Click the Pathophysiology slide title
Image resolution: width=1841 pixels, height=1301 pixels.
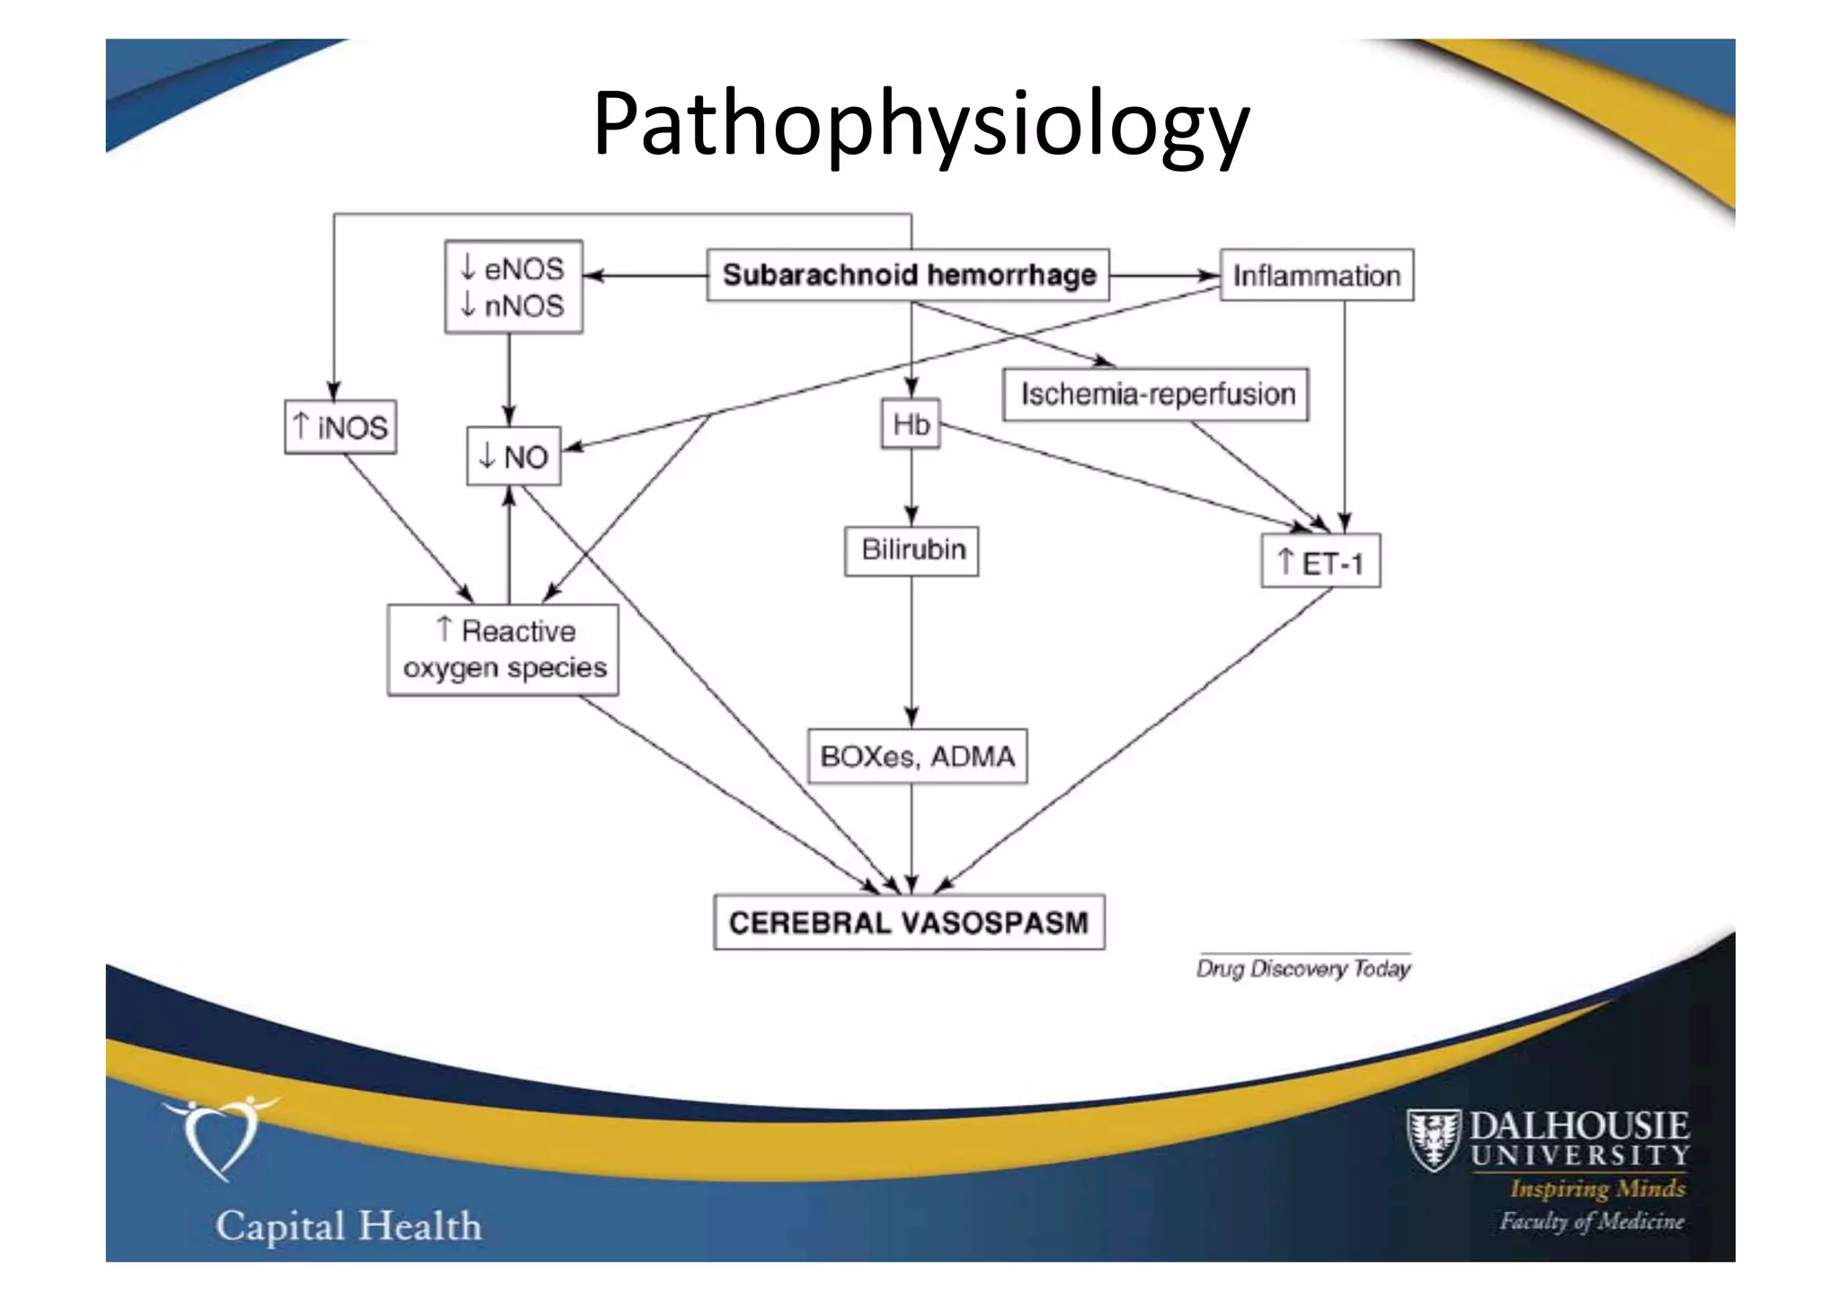[920, 123]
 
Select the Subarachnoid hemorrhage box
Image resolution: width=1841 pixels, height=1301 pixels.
[908, 274]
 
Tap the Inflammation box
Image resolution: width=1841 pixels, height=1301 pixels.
[1316, 274]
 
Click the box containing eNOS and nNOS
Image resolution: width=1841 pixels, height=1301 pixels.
[513, 287]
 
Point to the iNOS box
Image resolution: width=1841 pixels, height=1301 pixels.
[341, 426]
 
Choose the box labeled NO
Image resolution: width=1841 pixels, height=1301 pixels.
[513, 457]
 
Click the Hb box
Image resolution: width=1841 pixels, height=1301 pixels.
[911, 423]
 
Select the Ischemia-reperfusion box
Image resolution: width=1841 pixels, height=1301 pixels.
[1156, 394]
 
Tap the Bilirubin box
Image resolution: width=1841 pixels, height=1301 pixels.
[912, 549]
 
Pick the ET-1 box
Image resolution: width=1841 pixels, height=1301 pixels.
[1321, 562]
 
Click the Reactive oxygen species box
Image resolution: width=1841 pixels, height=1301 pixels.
[503, 649]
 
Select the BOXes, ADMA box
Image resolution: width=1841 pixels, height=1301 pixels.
[917, 756]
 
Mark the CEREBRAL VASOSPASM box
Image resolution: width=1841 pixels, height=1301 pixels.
[909, 922]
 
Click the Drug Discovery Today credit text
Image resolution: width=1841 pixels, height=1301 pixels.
[1303, 968]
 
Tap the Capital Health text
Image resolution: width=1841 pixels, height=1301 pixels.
[349, 1226]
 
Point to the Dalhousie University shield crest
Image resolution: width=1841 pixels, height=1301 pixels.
[1433, 1140]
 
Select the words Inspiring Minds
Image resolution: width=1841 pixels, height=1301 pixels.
[1597, 1189]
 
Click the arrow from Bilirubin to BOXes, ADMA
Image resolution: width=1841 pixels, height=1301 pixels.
[912, 652]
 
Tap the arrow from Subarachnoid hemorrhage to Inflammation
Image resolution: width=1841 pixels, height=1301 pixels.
[1164, 275]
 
